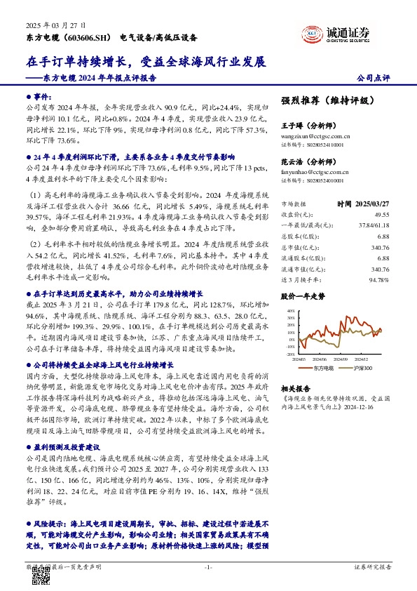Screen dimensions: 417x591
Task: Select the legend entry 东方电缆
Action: [x=321, y=367]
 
